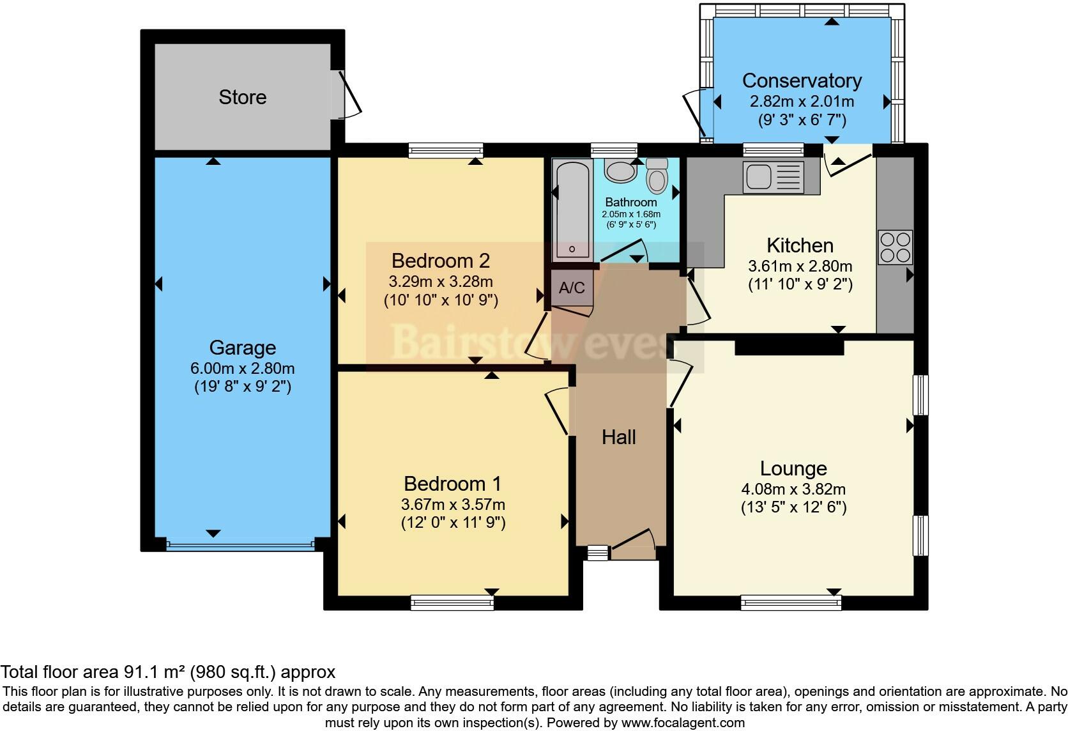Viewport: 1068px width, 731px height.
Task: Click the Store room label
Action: [x=242, y=97]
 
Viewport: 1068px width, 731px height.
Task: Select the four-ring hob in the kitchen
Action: [x=895, y=247]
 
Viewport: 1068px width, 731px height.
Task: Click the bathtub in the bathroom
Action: [x=572, y=211]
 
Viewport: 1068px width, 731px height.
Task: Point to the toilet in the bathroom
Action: [x=657, y=176]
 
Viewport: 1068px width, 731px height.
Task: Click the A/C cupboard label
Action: [x=572, y=288]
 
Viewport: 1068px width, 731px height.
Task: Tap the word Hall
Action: [x=618, y=437]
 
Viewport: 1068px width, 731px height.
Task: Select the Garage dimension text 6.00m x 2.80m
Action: [x=242, y=368]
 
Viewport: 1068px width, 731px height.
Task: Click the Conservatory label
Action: [x=802, y=81]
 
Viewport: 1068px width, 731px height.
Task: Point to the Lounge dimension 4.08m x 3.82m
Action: [x=793, y=489]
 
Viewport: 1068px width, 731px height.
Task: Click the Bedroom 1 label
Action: [x=452, y=483]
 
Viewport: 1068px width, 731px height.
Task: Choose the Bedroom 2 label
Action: [x=440, y=261]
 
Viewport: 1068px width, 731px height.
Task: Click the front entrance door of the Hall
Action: [x=632, y=542]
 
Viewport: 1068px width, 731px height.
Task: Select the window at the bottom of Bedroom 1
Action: [x=452, y=602]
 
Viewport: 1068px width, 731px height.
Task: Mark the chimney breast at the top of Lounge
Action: [x=789, y=347]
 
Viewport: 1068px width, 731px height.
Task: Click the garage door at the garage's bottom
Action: [x=241, y=546]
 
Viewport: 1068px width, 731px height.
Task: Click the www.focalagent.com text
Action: [x=683, y=723]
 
